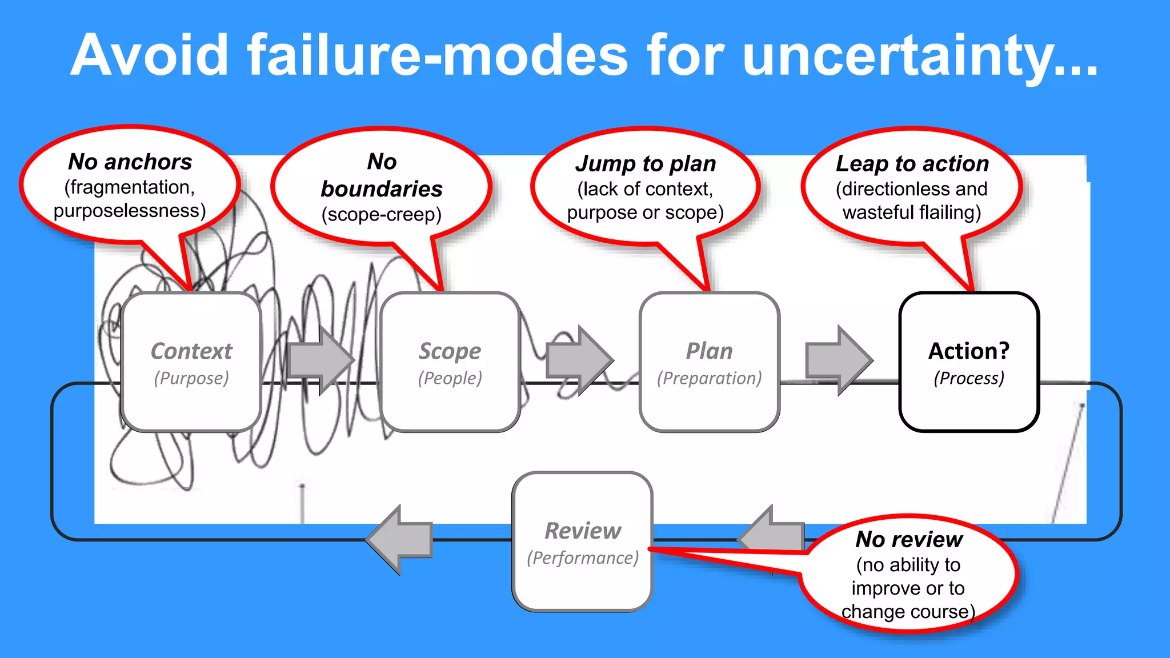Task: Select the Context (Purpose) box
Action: (191, 362)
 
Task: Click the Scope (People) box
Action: (450, 362)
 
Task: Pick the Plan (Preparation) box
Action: (709, 362)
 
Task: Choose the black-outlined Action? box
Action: (969, 362)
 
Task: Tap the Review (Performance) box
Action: (582, 541)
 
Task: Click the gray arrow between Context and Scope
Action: (320, 360)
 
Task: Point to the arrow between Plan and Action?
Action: (839, 360)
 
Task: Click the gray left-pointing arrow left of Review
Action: (400, 539)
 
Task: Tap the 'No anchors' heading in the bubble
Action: (130, 162)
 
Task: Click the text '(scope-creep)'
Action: (382, 215)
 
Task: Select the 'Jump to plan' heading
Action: (646, 164)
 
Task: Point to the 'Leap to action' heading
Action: (912, 164)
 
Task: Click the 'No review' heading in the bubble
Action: (909, 539)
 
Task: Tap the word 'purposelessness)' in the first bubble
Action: (130, 211)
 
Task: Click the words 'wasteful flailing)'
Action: (912, 212)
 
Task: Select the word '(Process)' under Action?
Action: (969, 378)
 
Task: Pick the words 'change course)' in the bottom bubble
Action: (908, 612)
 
